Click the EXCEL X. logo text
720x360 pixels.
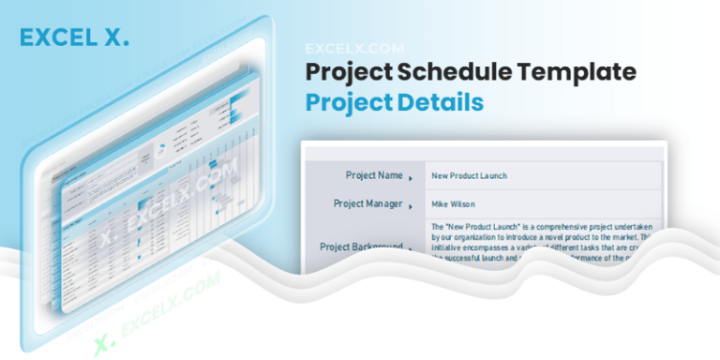pyautogui.click(x=74, y=38)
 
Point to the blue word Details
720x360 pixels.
pyautogui.click(x=440, y=102)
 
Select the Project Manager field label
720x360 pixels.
pyautogui.click(x=368, y=203)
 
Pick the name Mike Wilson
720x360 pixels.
pyautogui.click(x=453, y=203)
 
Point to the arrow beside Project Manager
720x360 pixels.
pyautogui.click(x=411, y=205)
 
